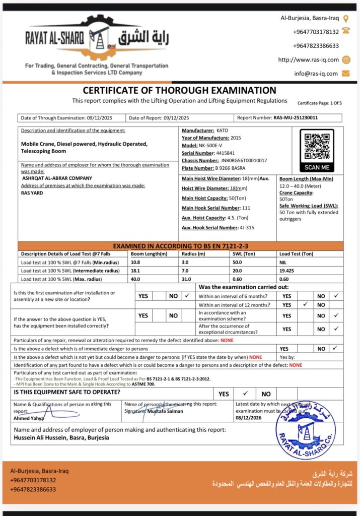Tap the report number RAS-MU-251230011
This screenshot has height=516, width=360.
(296, 118)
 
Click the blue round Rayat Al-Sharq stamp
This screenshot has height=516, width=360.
(306, 430)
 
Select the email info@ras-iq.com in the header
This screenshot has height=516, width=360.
(316, 74)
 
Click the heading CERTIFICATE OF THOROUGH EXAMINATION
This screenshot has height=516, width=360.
(179, 91)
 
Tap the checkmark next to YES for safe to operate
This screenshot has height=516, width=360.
(245, 394)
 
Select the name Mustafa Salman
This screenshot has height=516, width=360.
(165, 411)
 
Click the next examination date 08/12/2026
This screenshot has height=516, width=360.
(249, 417)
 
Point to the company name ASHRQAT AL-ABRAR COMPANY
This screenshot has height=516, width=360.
(57, 178)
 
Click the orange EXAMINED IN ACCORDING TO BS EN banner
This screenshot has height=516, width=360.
(180, 246)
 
